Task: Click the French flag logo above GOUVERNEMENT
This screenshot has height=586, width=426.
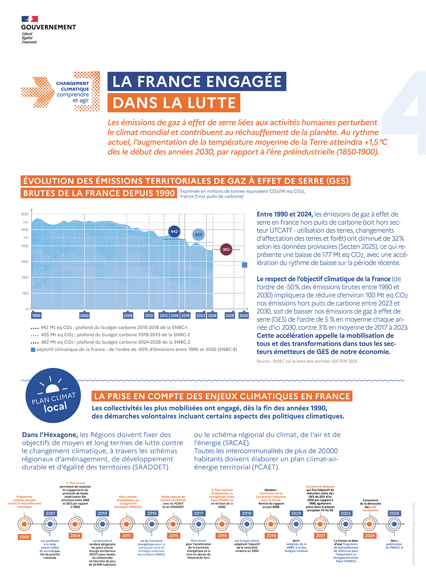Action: point(30,19)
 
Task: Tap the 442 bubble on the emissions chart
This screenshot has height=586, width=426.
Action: point(174,231)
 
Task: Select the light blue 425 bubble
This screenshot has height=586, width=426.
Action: point(198,234)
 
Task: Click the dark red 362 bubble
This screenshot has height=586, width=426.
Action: point(226,249)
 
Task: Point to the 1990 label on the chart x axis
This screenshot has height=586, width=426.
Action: point(36,316)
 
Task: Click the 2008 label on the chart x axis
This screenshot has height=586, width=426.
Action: point(128,316)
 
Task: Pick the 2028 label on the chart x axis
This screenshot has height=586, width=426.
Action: point(230,316)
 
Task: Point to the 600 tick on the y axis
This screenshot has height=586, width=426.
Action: point(25,214)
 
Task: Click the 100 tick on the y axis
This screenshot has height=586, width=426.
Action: point(25,293)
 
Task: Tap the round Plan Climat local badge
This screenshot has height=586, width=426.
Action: point(53,396)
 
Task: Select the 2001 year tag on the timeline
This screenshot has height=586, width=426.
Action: point(50,513)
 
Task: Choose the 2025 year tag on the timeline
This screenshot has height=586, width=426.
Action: point(394,513)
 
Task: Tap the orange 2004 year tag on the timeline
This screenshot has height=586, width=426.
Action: point(75,536)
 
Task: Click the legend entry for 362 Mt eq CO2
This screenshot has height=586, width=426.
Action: point(115,342)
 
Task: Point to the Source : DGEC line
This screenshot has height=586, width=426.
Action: point(307,361)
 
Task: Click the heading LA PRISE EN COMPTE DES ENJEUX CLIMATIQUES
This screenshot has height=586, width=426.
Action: point(222,396)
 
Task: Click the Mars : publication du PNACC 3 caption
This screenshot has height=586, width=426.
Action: point(394,544)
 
